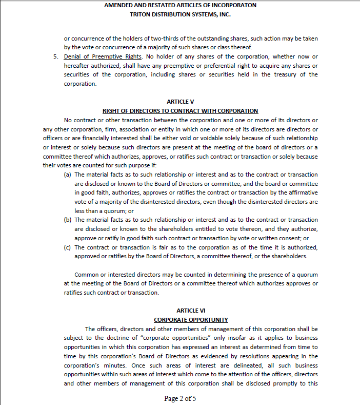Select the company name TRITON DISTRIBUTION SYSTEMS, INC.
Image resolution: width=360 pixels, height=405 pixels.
tap(180, 14)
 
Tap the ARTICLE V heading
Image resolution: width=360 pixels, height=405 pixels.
tap(180, 102)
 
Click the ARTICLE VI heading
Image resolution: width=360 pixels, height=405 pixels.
tap(180, 311)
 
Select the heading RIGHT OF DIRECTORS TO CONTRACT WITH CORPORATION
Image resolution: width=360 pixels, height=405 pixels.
tap(180, 111)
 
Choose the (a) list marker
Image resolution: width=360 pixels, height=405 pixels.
tap(67, 175)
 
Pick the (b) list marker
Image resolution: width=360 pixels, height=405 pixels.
tap(67, 220)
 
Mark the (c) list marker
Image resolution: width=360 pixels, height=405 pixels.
tap(67, 247)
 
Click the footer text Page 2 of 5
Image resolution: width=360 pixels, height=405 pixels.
tap(180, 398)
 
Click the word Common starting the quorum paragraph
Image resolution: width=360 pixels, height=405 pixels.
tap(87, 275)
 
